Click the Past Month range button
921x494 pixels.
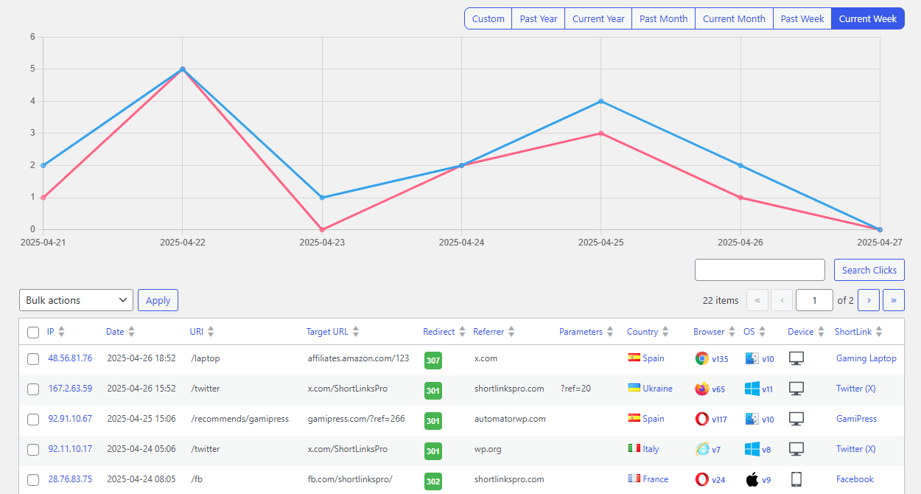coord(663,19)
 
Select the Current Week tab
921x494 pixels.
coord(867,19)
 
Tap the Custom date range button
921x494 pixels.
coord(488,19)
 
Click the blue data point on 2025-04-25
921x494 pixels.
coord(601,101)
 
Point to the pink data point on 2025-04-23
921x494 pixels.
coord(322,229)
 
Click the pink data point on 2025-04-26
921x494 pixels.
coord(740,198)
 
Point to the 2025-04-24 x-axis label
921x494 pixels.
coord(461,242)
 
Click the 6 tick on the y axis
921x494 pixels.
coord(32,37)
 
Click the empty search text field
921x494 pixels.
coord(760,270)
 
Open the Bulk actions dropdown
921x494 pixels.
coord(76,300)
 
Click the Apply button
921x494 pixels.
coord(158,300)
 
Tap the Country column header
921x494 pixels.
coord(642,332)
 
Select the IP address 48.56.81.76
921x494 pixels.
coord(70,358)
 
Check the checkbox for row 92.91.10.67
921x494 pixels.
coord(33,420)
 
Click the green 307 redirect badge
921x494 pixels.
coord(433,361)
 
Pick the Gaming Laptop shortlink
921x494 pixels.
coord(866,358)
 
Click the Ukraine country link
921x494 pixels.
coord(657,389)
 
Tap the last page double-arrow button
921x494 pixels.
coord(894,300)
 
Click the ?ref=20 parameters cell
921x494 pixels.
coord(575,389)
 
